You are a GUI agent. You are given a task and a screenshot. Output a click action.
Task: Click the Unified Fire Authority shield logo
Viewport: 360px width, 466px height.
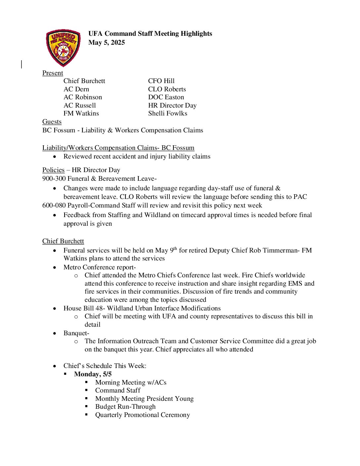(x=63, y=48)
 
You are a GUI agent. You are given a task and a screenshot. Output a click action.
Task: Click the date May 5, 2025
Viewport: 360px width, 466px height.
(x=107, y=42)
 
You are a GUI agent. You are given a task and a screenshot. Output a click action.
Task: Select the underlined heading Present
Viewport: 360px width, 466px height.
(x=53, y=73)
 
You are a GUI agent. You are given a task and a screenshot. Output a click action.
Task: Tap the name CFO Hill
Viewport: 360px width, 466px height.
(x=161, y=81)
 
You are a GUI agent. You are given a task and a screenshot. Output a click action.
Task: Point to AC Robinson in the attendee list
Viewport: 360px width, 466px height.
(x=83, y=97)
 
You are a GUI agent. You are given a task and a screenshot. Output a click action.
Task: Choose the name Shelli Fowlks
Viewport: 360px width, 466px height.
(x=167, y=113)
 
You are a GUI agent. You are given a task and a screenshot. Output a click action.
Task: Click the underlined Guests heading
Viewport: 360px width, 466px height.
(x=52, y=121)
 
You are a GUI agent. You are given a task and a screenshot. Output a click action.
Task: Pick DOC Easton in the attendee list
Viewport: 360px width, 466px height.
(x=166, y=97)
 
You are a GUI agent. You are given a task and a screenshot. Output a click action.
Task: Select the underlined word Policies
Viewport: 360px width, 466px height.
(x=53, y=170)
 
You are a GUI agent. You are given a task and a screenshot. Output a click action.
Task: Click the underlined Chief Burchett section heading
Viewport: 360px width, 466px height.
(x=63, y=241)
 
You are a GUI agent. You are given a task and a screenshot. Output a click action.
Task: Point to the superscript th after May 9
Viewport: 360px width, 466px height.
(x=175, y=249)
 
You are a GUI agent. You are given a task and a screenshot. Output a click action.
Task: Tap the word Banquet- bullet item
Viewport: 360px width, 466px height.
(x=76, y=333)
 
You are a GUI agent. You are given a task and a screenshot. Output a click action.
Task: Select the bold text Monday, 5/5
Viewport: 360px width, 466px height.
(x=93, y=374)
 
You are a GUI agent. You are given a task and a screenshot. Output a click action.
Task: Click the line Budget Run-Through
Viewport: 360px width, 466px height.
(x=125, y=406)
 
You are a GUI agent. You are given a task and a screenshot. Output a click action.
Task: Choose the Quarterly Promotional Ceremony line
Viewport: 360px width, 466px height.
(x=143, y=415)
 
